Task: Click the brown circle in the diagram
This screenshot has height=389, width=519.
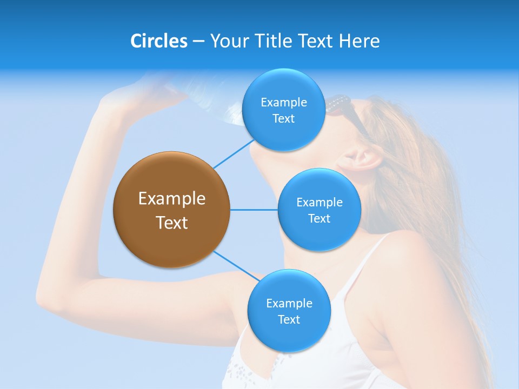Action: [x=171, y=210]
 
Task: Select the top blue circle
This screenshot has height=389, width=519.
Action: [x=283, y=110]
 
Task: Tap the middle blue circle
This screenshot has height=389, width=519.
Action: [x=319, y=210]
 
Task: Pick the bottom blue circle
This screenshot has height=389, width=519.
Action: [x=289, y=311]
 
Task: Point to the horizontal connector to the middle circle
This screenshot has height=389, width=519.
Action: [x=254, y=210]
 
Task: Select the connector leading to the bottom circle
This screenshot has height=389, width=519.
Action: [x=236, y=266]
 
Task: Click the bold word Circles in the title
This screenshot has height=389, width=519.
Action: [x=158, y=41]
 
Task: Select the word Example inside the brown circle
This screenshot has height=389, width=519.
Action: [x=171, y=198]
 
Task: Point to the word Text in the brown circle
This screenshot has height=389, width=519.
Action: [x=171, y=223]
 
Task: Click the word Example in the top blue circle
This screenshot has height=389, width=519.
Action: [x=283, y=102]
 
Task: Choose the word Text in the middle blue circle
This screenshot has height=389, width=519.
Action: [x=319, y=218]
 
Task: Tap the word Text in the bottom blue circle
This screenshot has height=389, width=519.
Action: [x=289, y=319]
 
